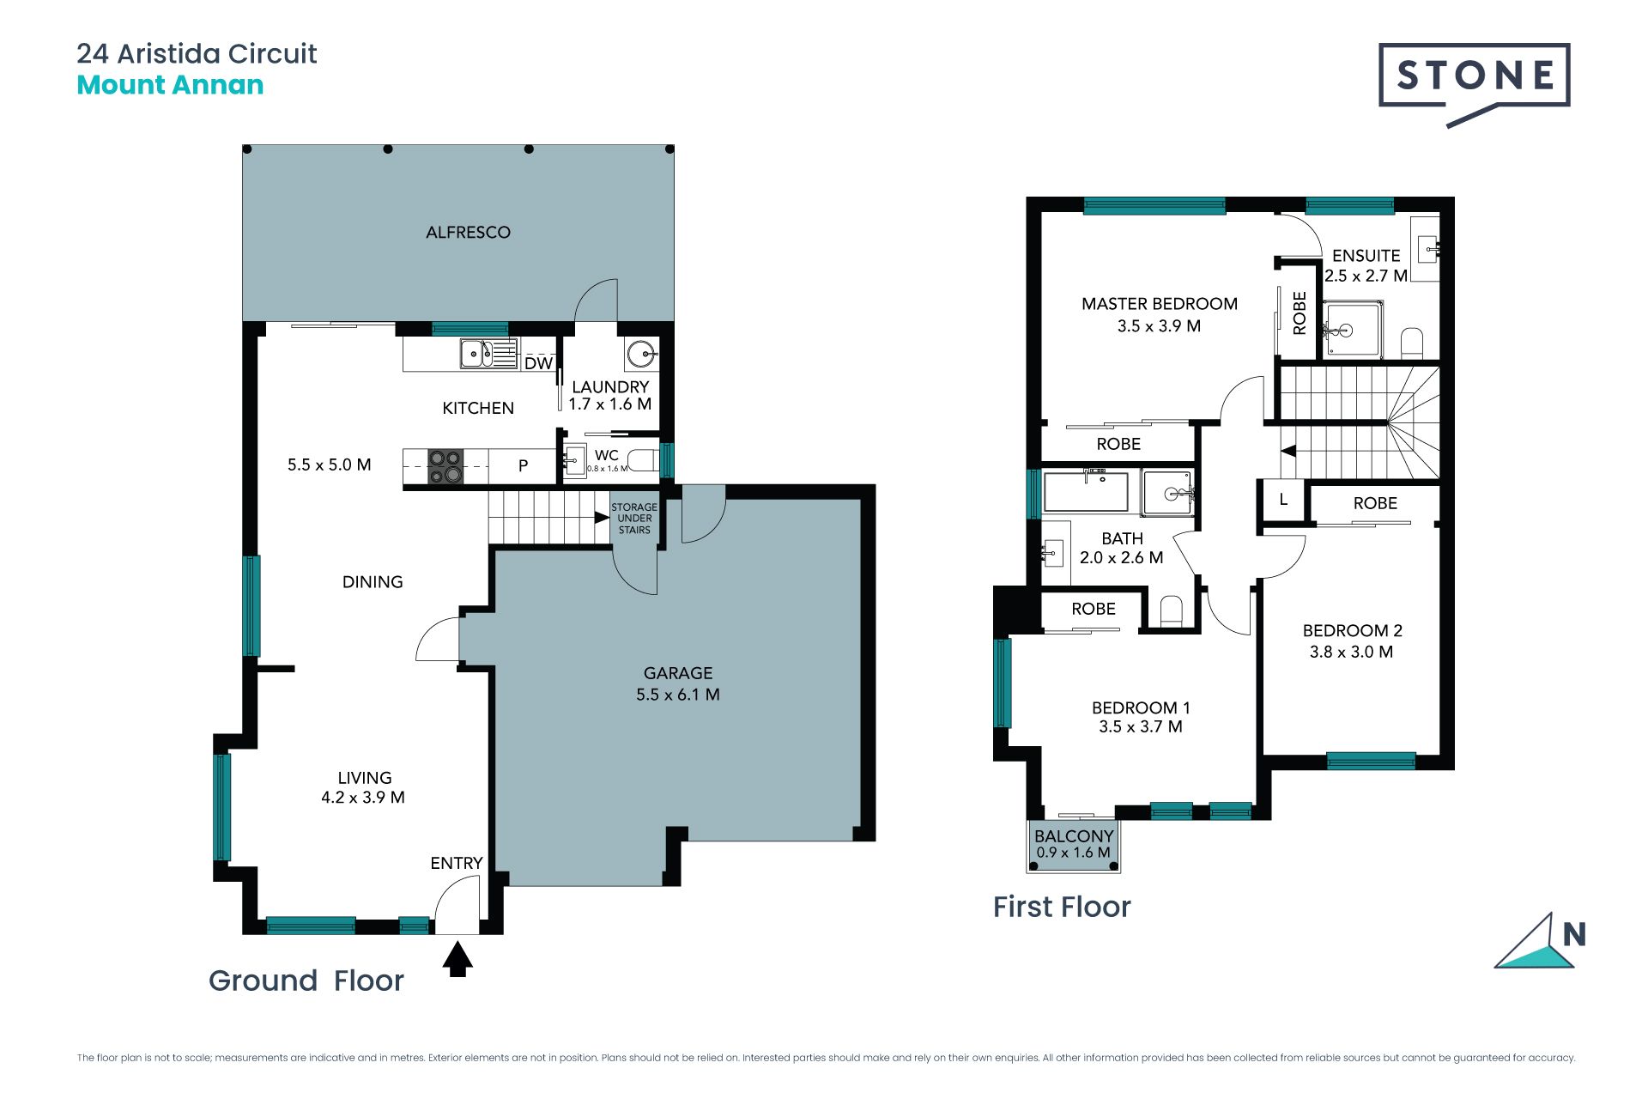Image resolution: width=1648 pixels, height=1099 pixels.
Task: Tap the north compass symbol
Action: tap(1540, 942)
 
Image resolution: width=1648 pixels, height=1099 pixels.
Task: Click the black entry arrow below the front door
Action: tap(457, 959)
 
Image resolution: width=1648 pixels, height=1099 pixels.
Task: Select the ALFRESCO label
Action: tap(468, 232)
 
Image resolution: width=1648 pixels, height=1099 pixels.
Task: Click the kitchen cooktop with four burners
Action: tap(445, 466)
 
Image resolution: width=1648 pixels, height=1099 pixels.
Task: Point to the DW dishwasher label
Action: tap(538, 363)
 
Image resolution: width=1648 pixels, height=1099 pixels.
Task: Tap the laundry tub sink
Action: tap(641, 353)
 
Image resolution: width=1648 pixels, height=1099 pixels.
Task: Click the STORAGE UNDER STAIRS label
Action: tap(634, 519)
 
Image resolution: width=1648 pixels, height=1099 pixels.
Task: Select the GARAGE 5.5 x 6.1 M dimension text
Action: tap(678, 695)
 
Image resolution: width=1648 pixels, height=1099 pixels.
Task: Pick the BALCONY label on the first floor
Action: tap(1074, 836)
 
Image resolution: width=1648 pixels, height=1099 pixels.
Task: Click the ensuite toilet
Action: tap(1412, 343)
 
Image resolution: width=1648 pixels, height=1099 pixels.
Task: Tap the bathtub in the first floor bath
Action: tap(1086, 492)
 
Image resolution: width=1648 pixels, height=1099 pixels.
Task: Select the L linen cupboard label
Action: tap(1283, 499)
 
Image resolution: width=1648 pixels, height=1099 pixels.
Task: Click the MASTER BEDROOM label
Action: tap(1160, 304)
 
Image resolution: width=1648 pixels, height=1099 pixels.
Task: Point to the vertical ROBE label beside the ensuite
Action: tap(1300, 313)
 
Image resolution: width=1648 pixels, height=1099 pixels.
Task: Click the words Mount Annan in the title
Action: tap(170, 85)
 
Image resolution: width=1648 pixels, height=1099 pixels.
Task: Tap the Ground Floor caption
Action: tap(306, 981)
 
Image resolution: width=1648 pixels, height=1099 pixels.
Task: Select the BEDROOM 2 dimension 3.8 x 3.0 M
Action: tap(1351, 652)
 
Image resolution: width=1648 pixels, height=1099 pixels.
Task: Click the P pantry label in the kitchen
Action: tap(523, 466)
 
